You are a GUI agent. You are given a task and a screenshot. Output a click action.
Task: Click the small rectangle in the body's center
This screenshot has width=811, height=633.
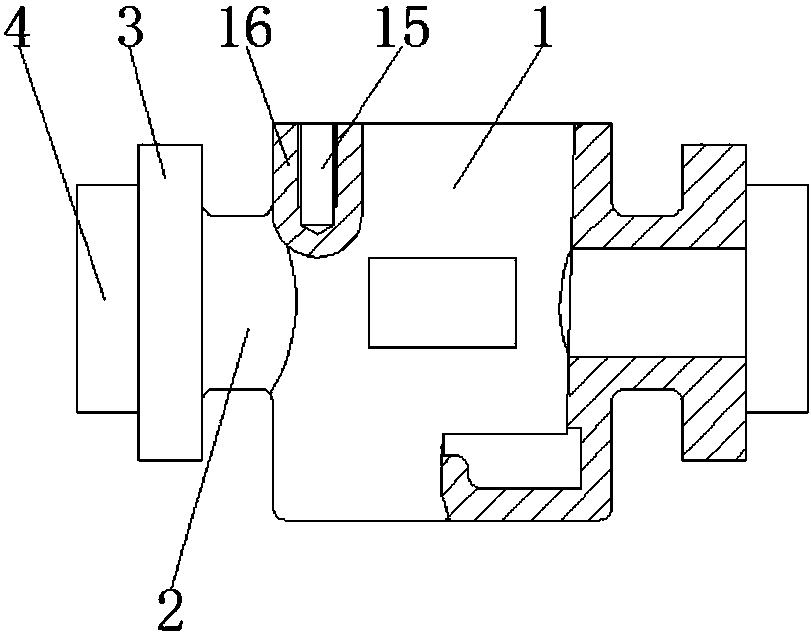point(443,302)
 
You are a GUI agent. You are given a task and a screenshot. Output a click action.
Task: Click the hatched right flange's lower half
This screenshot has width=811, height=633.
point(715,420)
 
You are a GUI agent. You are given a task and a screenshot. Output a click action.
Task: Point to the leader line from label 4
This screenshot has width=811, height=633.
point(59,163)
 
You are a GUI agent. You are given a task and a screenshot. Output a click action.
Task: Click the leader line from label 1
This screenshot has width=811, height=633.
point(499,114)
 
